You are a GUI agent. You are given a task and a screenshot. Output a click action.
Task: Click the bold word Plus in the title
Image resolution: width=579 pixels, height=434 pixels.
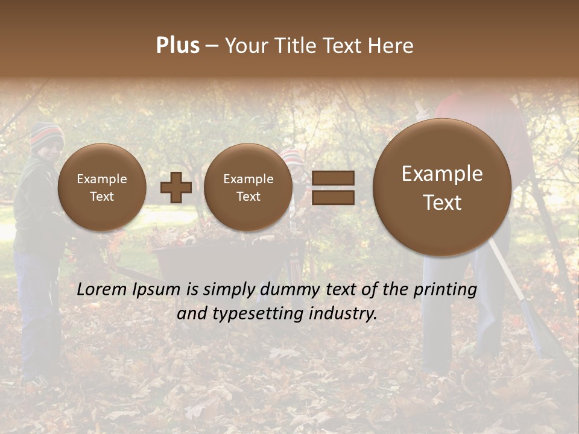click(177, 46)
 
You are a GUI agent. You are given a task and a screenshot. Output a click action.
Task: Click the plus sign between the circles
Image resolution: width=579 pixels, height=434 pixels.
click(176, 187)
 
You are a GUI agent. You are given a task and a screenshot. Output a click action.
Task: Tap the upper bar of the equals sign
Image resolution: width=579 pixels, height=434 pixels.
click(332, 178)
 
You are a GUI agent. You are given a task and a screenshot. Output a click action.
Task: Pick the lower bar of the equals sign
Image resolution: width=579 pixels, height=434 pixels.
click(332, 197)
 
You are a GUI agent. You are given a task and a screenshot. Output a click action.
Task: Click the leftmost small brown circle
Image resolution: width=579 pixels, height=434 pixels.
click(101, 187)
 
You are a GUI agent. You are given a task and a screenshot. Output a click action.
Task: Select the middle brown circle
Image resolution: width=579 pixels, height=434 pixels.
click(248, 187)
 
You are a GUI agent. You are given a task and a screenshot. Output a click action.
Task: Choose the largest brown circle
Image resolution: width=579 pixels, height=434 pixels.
click(442, 187)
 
